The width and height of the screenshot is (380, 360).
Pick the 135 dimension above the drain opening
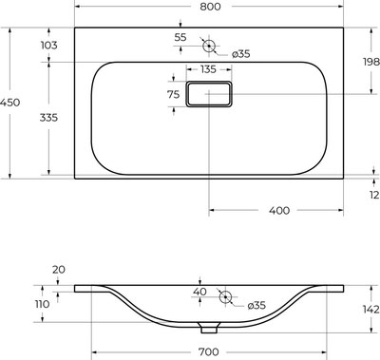208,69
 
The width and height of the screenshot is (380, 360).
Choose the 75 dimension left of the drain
174,95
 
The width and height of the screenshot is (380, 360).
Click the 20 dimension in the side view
59,270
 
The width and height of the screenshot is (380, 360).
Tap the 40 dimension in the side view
199,292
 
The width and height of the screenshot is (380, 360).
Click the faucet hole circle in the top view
209,45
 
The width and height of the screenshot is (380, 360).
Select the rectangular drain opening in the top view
209,94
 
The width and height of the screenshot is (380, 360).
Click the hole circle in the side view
226,297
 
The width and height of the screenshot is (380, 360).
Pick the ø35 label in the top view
240,53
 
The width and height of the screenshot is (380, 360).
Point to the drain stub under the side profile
207,331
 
